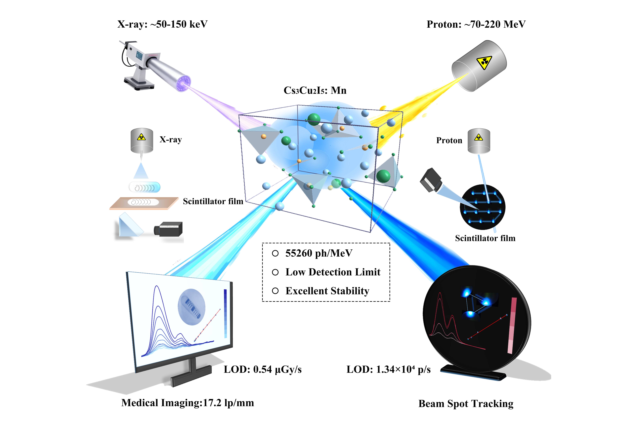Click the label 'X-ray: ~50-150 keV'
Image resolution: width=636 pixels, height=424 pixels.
[162, 24]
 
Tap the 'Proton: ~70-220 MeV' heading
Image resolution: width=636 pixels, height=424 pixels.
[476, 24]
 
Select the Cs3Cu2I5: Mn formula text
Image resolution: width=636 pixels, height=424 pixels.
[315, 90]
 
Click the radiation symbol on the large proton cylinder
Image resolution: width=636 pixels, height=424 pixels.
[484, 63]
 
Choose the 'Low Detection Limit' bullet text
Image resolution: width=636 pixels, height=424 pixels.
[333, 272]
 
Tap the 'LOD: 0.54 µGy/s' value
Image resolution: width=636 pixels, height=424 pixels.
[263, 369]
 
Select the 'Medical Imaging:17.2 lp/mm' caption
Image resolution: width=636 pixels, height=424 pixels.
[188, 403]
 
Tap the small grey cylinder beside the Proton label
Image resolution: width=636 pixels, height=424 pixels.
[479, 141]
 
